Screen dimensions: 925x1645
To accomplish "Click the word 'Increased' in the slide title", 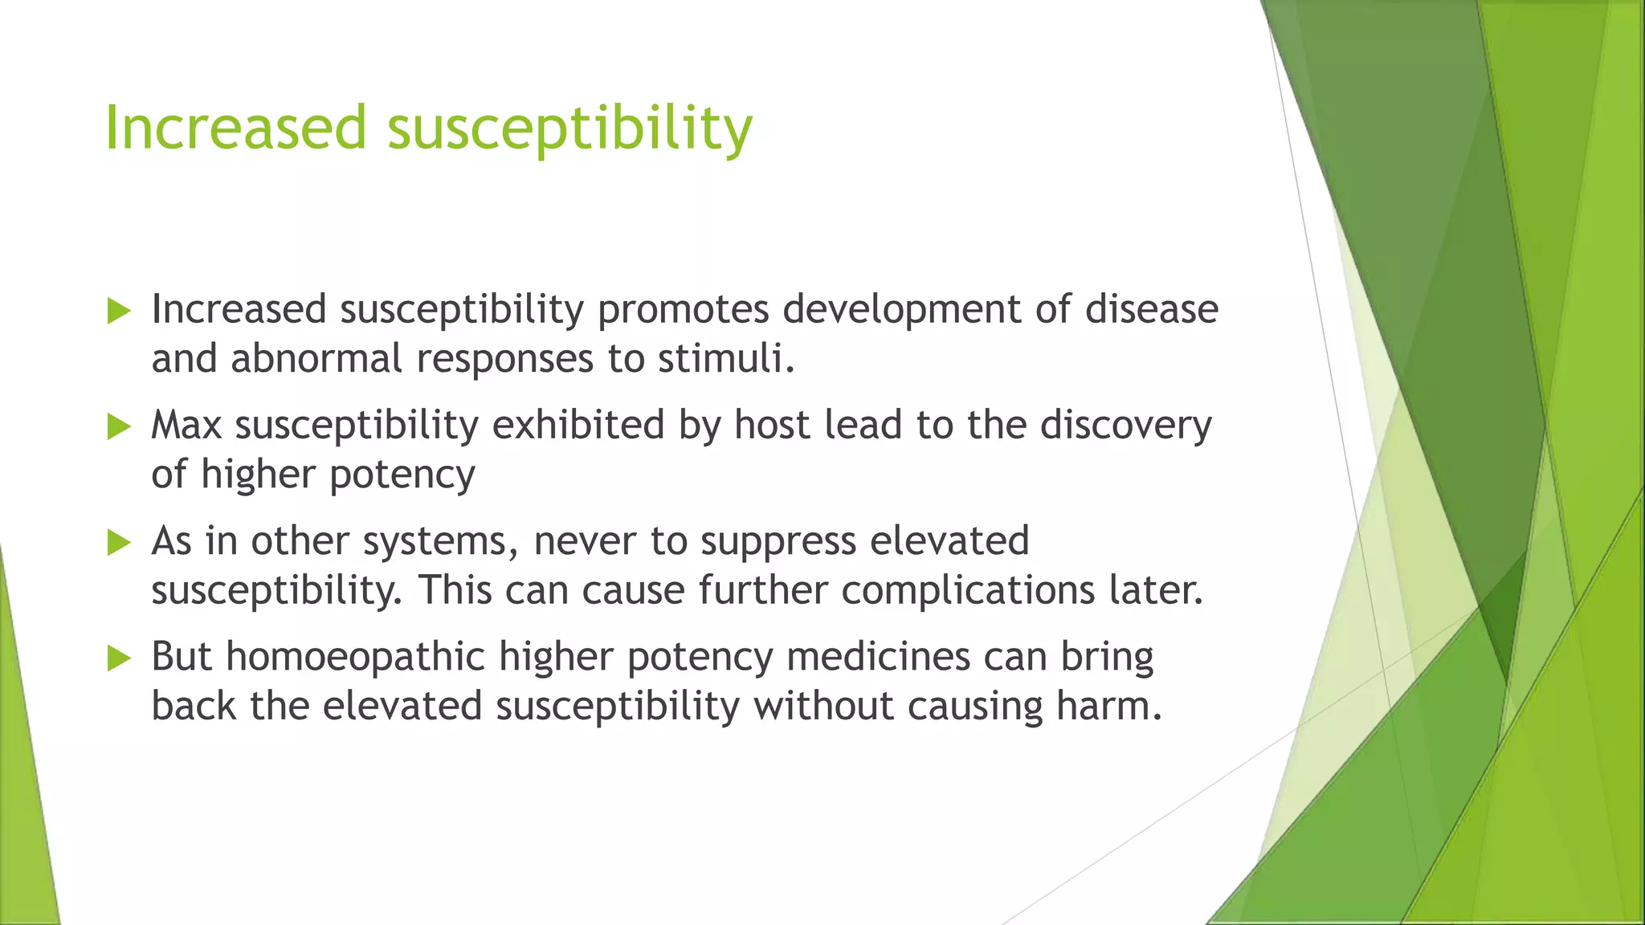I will pos(235,128).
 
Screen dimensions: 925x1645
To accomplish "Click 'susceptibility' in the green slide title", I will pos(569,129).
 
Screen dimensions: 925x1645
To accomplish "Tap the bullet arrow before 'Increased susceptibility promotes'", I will pos(118,311).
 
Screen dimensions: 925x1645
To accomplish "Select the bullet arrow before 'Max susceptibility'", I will pos(118,426).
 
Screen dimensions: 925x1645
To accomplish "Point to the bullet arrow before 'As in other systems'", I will pos(118,542).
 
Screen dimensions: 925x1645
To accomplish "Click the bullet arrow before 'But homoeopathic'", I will pos(118,658).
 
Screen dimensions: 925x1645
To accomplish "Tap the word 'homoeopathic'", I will pos(355,657).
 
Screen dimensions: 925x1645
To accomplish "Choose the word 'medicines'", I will pos(879,657).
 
